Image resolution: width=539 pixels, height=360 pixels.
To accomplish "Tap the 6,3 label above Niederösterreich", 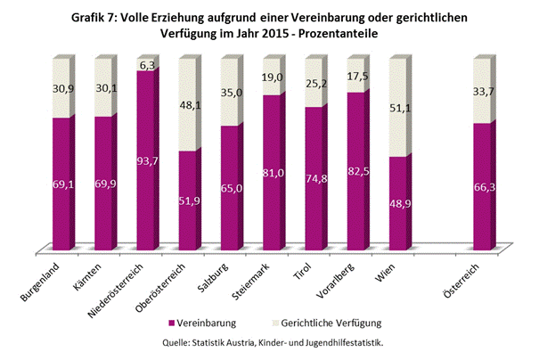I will (148, 65).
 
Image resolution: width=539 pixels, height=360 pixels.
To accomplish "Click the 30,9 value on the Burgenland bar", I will (61, 93).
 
